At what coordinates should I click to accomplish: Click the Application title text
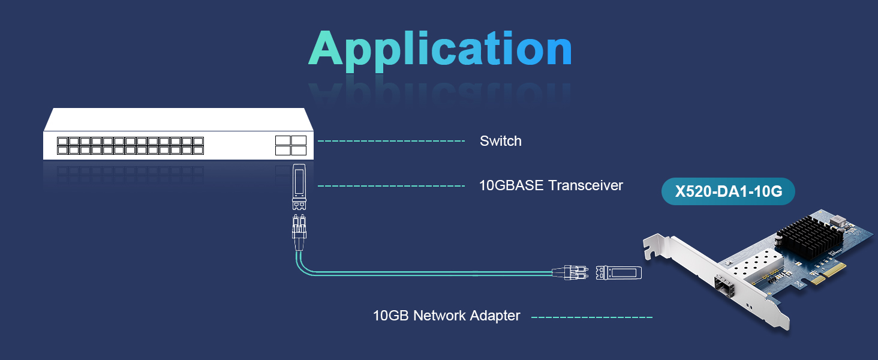[x=440, y=49]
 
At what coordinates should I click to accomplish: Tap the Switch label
[x=500, y=142]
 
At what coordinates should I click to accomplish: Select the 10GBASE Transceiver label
[x=551, y=185]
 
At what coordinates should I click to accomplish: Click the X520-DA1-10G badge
[x=728, y=192]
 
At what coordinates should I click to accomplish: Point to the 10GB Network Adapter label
[x=446, y=316]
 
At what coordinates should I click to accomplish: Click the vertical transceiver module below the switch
[x=299, y=185]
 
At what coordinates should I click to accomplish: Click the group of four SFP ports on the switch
[x=291, y=145]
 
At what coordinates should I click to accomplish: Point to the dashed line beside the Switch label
[x=391, y=142]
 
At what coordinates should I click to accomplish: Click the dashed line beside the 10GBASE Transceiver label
[x=391, y=186]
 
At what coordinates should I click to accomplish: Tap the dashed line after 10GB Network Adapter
[x=591, y=316]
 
